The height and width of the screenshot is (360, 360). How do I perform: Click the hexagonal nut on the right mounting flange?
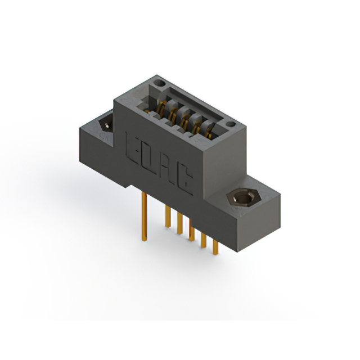(243, 199)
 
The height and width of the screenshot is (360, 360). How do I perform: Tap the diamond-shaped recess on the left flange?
(106, 124)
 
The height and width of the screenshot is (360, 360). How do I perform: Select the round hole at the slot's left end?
(159, 83)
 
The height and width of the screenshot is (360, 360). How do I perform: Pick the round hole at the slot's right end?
(231, 124)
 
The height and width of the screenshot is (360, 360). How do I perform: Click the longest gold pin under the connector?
(144, 216)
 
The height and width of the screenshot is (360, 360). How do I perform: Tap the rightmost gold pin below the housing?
(215, 247)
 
